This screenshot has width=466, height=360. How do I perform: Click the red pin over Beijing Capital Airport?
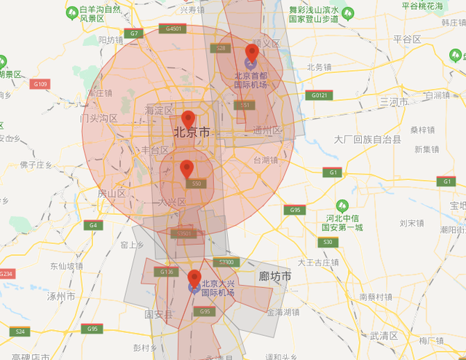[x=252, y=52]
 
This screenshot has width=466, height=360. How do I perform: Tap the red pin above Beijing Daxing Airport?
[x=194, y=278]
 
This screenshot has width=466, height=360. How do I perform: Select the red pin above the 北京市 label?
[x=189, y=118]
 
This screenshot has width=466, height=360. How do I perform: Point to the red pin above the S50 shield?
[x=187, y=168]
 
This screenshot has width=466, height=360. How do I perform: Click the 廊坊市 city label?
[x=275, y=277]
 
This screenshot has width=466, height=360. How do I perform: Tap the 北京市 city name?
[x=191, y=133]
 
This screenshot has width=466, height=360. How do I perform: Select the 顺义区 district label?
[x=266, y=44]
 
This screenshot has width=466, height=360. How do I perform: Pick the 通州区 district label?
[x=266, y=130]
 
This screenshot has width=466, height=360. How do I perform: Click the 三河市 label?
[x=395, y=101]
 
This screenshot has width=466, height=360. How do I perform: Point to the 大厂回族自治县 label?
[x=367, y=138]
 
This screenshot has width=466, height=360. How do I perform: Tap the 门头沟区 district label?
[x=99, y=117]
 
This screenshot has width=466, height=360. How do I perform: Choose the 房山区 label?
[x=111, y=193]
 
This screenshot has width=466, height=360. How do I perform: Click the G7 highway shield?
[x=134, y=34]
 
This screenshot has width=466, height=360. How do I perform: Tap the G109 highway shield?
[x=40, y=85]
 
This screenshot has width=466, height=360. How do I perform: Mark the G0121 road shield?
[x=319, y=95]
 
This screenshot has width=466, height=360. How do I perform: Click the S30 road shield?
[x=328, y=242]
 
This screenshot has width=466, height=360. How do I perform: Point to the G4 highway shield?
[x=92, y=225]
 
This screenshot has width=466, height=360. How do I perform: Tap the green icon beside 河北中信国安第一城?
[x=342, y=206]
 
